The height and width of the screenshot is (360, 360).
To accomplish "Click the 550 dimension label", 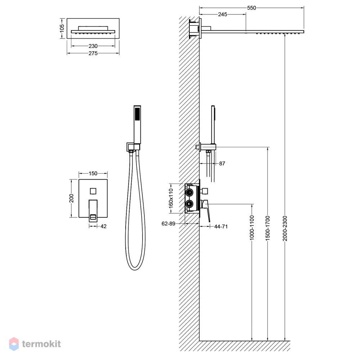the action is (251, 8).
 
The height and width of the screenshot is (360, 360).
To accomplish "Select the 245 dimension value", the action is (222, 14).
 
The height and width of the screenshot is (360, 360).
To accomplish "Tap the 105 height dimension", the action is (62, 28).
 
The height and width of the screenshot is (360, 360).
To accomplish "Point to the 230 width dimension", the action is (93, 46).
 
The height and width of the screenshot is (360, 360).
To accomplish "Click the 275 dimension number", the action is (93, 53).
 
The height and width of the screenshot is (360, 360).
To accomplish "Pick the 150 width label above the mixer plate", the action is (93, 174).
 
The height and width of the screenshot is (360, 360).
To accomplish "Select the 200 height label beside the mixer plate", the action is (71, 198).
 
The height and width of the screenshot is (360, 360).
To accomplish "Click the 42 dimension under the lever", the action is (104, 226).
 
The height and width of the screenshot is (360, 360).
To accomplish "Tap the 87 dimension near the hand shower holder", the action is (222, 163).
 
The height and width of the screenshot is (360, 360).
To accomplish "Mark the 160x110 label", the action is (171, 198).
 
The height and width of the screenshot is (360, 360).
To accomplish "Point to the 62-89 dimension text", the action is (168, 224).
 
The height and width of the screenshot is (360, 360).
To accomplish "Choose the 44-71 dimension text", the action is (221, 226).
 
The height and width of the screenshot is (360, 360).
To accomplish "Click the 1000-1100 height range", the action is (252, 228).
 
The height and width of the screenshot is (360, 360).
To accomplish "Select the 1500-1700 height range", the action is (268, 228).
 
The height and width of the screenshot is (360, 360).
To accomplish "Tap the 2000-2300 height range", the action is (285, 228).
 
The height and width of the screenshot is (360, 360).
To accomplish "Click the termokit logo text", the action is (41, 344).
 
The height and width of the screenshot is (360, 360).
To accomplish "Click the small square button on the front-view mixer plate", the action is (93, 191).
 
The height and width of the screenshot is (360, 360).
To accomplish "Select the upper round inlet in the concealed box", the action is (190, 192).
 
